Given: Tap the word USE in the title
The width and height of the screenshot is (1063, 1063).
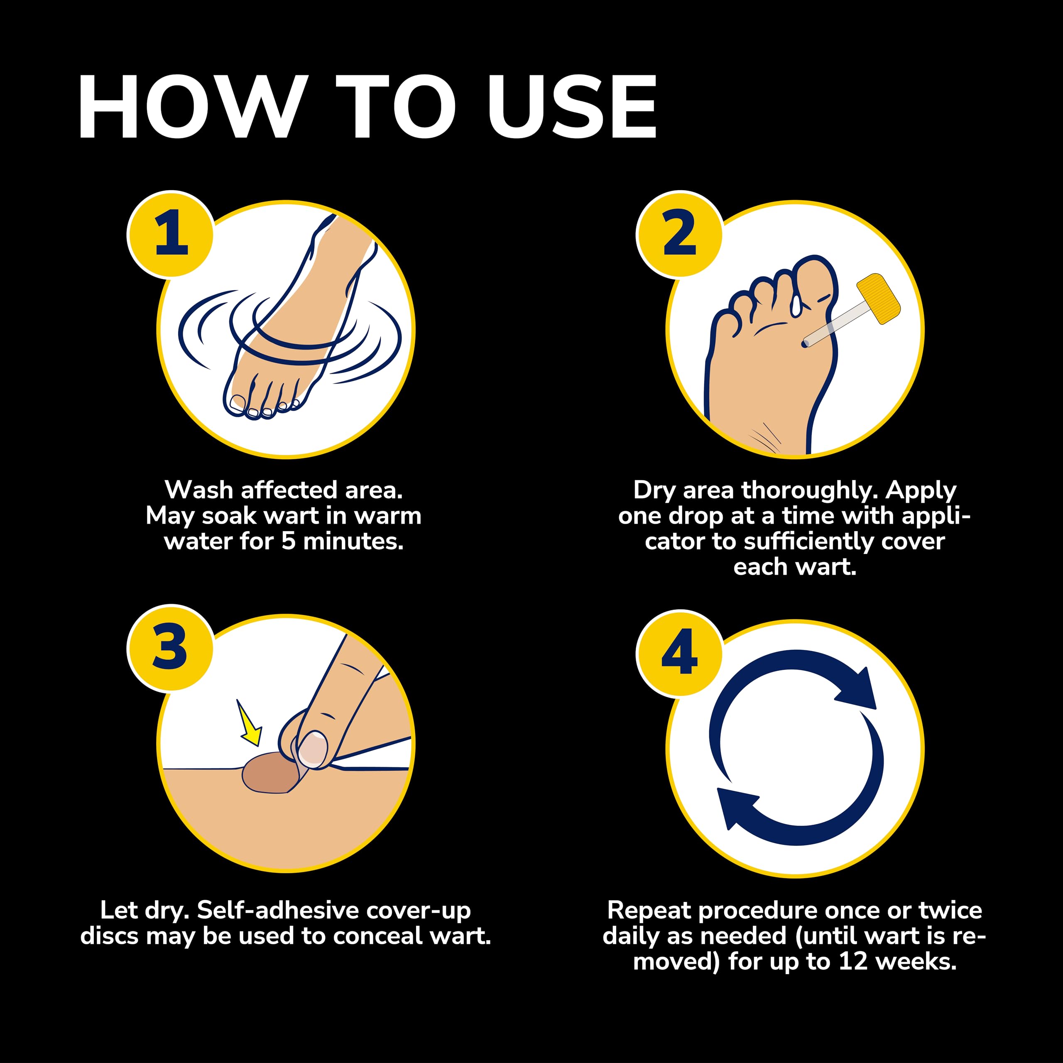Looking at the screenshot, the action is click(573, 107).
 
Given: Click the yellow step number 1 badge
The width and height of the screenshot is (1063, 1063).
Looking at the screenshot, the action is click(171, 234).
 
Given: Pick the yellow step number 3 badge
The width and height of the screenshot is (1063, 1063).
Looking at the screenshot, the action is click(171, 648).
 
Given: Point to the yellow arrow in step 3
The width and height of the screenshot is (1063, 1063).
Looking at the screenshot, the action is click(249, 723).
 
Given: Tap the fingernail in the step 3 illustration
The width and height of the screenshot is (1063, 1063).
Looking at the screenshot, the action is click(313, 749).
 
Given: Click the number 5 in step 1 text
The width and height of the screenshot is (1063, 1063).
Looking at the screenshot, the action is click(289, 541).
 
